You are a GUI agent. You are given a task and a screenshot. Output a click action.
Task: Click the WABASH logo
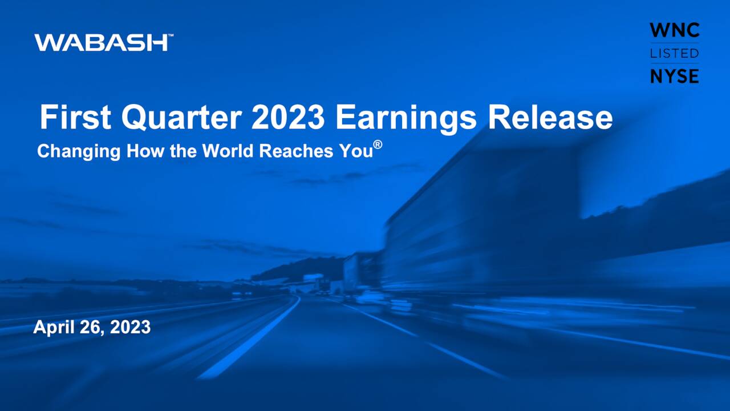[x=101, y=42]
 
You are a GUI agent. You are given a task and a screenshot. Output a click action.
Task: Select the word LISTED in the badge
[x=675, y=53]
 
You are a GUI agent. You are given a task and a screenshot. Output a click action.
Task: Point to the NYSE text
[x=675, y=75]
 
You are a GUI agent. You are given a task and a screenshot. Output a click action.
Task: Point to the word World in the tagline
[x=228, y=151]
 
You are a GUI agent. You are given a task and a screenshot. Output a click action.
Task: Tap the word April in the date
[x=51, y=327]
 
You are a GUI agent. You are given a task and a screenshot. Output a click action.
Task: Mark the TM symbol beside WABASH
[x=171, y=36]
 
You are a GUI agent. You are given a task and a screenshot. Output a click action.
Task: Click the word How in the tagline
[x=145, y=151]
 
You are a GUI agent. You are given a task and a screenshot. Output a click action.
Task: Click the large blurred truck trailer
[x=485, y=228]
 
